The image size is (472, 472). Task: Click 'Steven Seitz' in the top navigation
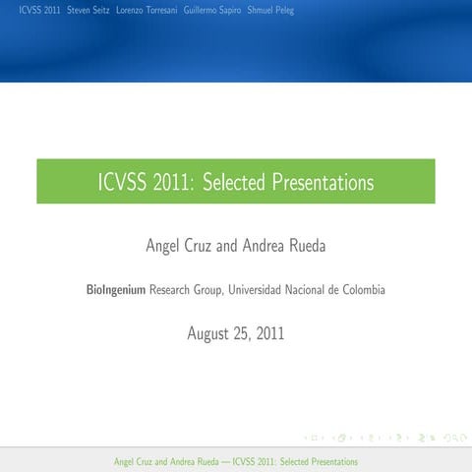click(88, 10)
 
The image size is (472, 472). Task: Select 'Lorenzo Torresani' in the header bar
click(147, 10)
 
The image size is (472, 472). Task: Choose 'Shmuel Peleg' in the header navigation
click(270, 10)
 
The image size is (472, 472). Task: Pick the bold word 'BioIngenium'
click(116, 290)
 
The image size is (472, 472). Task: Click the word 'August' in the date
click(210, 333)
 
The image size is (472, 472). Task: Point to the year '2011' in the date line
click(268, 333)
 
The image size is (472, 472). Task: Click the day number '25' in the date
click(242, 333)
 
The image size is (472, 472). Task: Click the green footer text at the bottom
click(236, 461)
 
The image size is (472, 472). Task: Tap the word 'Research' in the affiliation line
click(170, 290)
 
